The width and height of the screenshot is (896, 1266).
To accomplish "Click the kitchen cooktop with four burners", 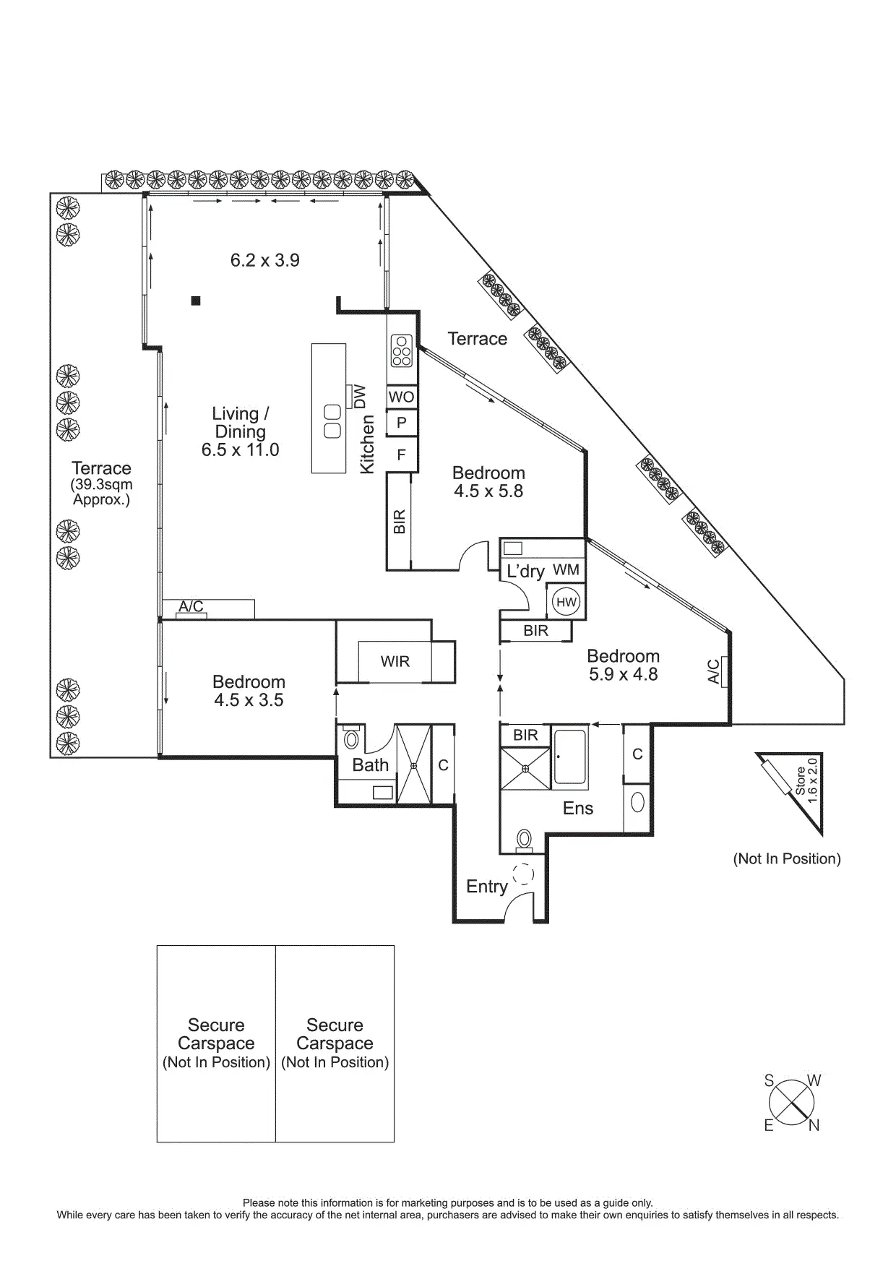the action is coord(401,350).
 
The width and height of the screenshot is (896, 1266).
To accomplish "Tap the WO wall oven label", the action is coord(401,397).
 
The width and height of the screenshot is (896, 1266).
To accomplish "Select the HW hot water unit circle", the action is coord(567,602).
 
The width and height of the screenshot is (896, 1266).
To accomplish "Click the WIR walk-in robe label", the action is coord(395,661).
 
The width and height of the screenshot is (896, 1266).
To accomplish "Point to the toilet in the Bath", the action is coord(352,738).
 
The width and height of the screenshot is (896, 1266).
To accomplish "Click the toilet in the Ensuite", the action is coord(524,840).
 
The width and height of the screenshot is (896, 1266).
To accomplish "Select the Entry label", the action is coord(487,887).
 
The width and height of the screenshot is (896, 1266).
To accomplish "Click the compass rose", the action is coord(791,1103).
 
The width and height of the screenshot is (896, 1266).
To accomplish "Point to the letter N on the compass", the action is coord(814,1125).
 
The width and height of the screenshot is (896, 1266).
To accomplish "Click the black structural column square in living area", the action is coord(195,301).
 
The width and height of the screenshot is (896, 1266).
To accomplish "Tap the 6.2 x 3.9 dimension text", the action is coord(265,260).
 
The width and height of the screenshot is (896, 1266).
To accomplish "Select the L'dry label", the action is coord(525,571).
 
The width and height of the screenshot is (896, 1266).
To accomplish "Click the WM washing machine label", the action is coord(567,569).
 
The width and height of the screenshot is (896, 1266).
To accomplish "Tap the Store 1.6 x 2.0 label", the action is coord(806,776).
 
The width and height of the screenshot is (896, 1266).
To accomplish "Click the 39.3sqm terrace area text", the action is coord(102,492).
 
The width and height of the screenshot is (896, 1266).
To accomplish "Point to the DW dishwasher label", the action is coord(361,397).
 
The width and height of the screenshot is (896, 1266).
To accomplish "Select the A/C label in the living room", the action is coord(191,606).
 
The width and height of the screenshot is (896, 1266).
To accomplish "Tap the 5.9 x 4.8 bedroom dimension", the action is coord(624,674).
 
